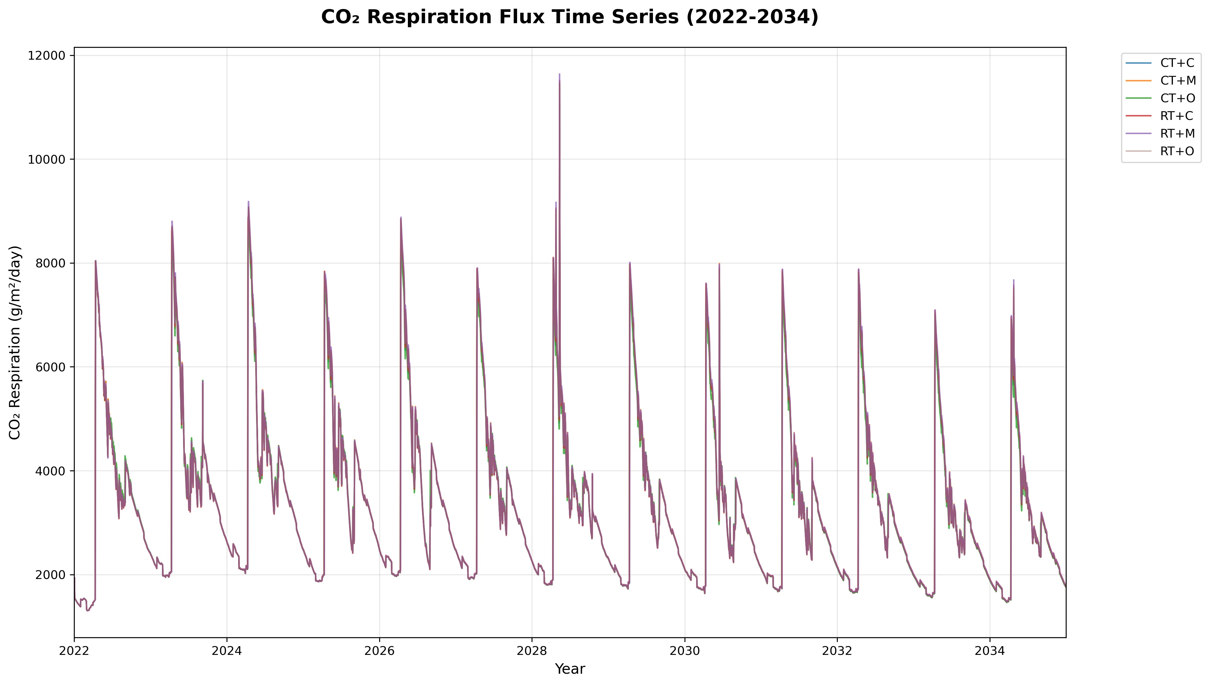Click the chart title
570,17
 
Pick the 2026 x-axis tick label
379,651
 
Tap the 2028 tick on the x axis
532,651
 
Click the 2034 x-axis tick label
990,651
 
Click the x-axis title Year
570,668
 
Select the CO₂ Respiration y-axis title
15,342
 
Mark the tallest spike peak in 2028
559,74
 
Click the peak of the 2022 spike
96,261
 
